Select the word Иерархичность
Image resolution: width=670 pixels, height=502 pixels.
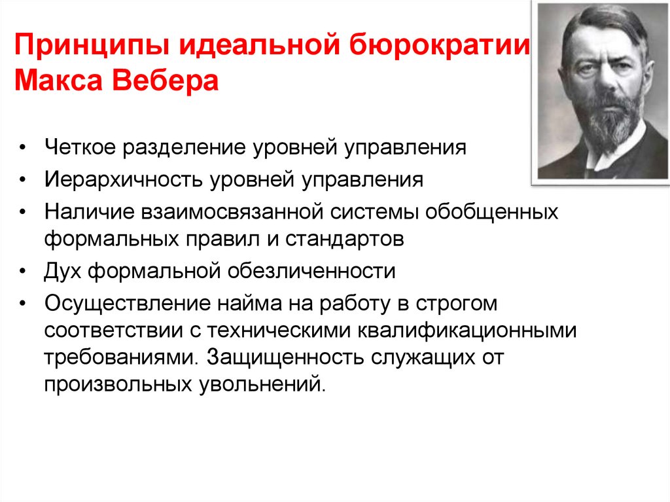point(122,179)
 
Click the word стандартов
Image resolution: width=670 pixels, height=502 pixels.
point(339,238)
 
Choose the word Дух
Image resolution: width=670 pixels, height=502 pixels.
point(63,270)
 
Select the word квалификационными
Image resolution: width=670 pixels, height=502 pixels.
point(467,331)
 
